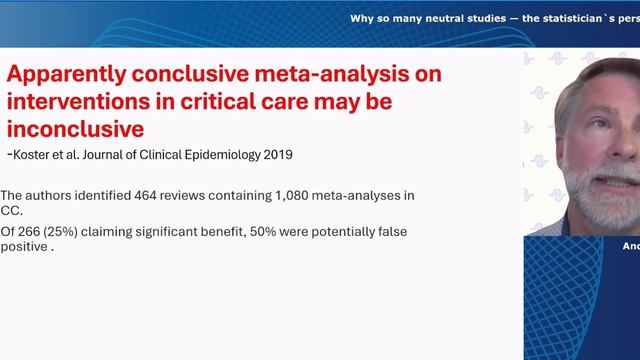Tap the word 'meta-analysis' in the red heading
358,75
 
